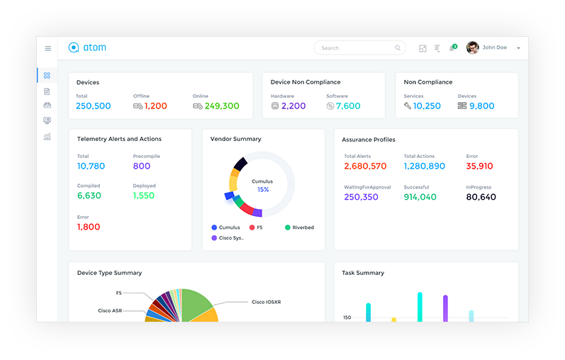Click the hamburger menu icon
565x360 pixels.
click(48, 48)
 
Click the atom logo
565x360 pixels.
click(87, 47)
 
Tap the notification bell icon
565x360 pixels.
click(452, 48)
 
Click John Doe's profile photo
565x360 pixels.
click(472, 47)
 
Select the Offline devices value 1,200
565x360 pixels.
click(156, 106)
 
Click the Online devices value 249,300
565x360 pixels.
click(222, 106)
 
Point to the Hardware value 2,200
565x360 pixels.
click(293, 106)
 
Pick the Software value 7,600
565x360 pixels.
click(348, 106)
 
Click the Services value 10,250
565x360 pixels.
click(427, 106)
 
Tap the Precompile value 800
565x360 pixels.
click(142, 166)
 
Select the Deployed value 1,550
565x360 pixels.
click(144, 196)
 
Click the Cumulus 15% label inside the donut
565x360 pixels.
click(262, 186)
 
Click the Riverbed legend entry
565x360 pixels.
click(299, 227)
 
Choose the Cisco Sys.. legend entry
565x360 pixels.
click(228, 238)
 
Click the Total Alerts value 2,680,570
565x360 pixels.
click(365, 166)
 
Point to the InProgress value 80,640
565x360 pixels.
click(481, 197)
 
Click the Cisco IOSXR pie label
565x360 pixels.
click(267, 302)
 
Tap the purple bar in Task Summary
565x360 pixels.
click(445, 308)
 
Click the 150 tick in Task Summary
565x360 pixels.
click(347, 317)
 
